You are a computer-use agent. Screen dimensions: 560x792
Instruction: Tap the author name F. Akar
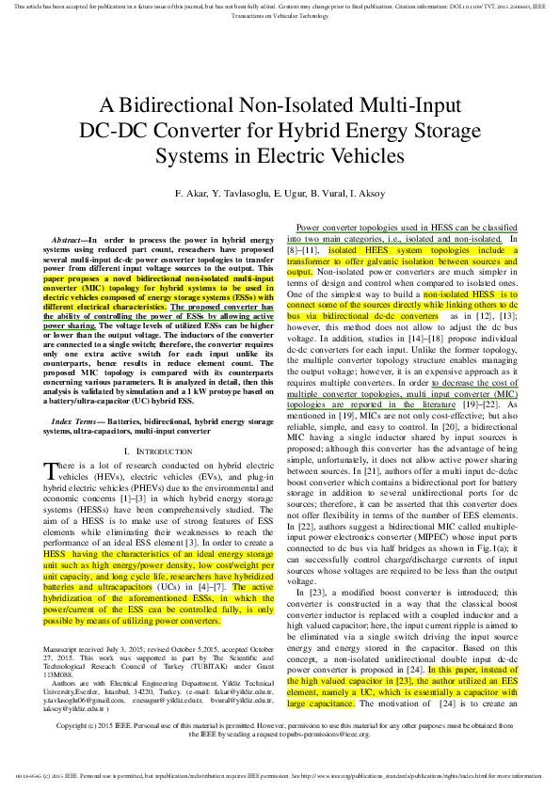(x=189, y=193)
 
